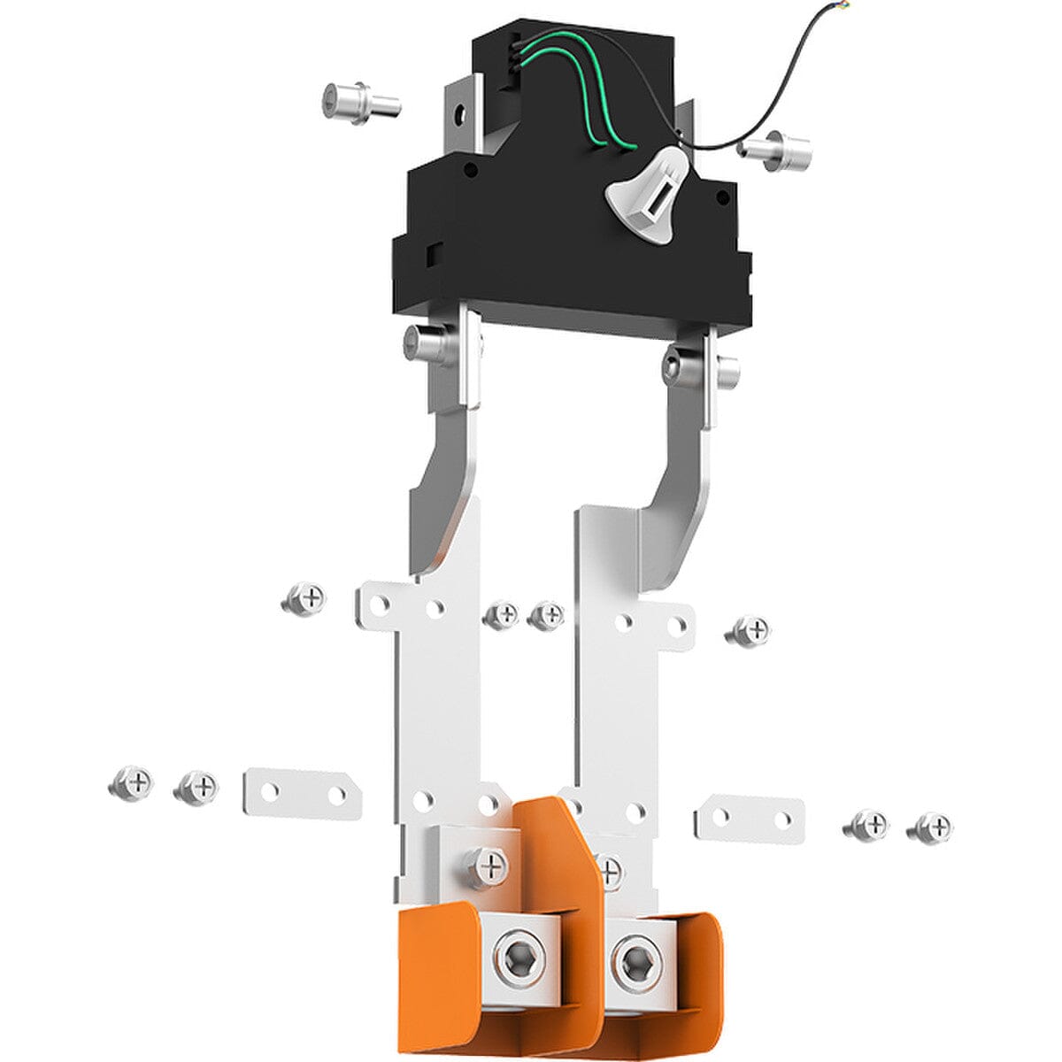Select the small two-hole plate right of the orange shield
click(749, 818)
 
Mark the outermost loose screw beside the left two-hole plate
click(131, 782)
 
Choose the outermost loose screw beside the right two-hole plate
click(931, 828)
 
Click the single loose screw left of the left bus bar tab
click(304, 601)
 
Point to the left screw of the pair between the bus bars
click(501, 614)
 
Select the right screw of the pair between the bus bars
click(546, 614)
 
